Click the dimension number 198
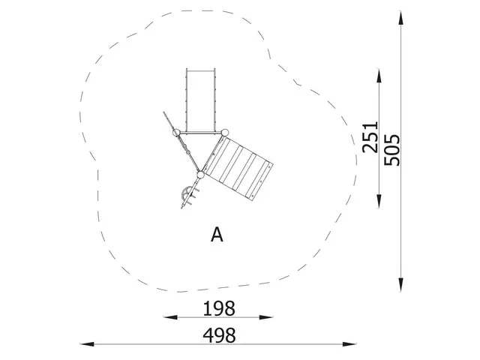(219, 307)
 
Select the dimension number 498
(219, 334)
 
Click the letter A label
(217, 235)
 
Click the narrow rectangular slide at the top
(199, 100)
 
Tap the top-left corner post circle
(177, 133)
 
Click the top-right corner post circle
(223, 132)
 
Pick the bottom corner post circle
(199, 175)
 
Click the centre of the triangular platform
(199, 147)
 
